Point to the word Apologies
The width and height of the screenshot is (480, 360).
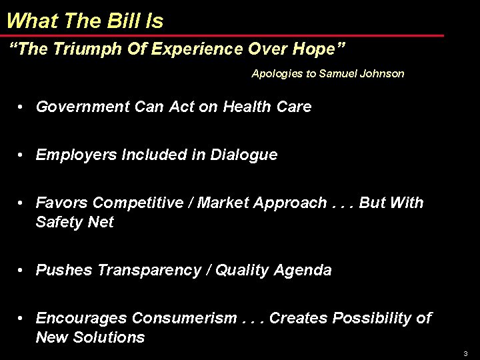point(277,73)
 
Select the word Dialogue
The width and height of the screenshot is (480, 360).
point(244,155)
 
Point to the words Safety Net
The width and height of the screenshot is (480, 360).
point(75,222)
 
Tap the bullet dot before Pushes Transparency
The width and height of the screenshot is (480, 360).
point(22,270)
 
